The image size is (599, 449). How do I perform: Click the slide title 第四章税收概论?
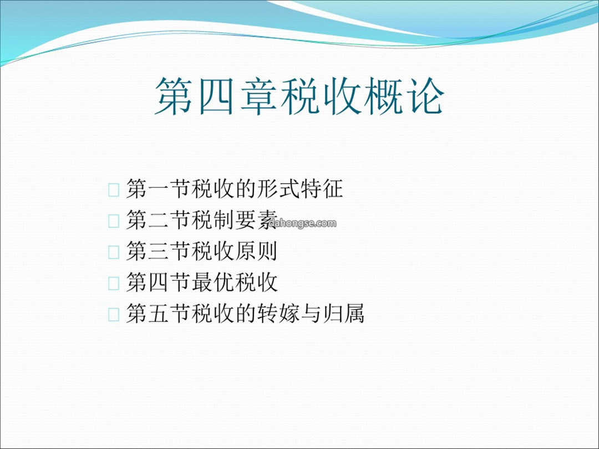(x=299, y=96)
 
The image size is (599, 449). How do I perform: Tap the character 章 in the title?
(x=258, y=96)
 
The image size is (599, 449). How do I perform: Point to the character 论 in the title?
(x=426, y=96)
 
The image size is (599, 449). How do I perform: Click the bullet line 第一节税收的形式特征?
(x=235, y=188)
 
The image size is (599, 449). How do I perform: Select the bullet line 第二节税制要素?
(x=202, y=220)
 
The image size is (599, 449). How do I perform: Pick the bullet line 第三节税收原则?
(x=202, y=251)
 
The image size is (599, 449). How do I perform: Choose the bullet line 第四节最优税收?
(x=202, y=283)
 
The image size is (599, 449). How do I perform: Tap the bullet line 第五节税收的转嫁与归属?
(x=245, y=314)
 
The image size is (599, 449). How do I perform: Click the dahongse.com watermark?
(x=303, y=223)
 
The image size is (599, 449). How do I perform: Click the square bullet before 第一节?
(x=114, y=190)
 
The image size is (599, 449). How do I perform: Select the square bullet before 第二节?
(x=114, y=221)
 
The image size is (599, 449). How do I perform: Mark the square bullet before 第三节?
(x=114, y=252)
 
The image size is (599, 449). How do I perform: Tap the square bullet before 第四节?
(x=114, y=284)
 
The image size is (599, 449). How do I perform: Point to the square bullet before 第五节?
(x=114, y=315)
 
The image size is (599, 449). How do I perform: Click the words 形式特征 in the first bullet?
(x=300, y=188)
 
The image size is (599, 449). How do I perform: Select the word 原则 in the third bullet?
(x=256, y=251)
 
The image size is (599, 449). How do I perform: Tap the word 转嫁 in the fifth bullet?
(x=278, y=314)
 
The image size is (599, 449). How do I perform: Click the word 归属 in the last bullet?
(x=343, y=314)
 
